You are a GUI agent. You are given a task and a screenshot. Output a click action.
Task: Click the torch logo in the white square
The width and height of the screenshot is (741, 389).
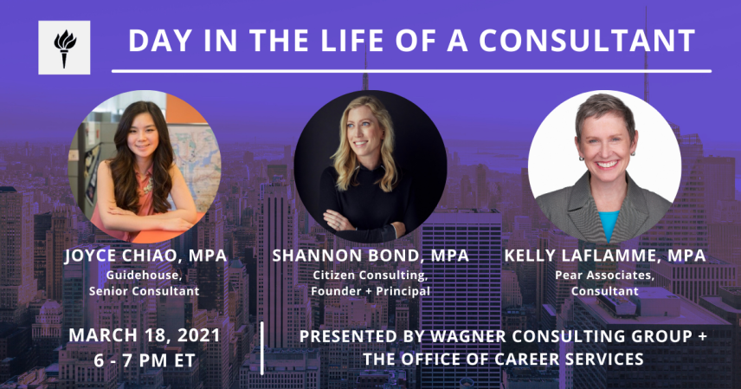click(64, 49)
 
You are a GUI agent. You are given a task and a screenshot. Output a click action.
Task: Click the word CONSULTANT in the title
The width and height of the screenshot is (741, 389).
click(587, 41)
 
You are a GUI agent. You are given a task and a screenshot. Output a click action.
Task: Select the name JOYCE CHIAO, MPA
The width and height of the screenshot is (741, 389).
click(145, 256)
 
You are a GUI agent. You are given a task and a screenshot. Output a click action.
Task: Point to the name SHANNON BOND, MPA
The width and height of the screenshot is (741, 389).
click(370, 256)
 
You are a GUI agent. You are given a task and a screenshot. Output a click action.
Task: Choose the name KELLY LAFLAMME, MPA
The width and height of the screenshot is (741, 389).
click(605, 256)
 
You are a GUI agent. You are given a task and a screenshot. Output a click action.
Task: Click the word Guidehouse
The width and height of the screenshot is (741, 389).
click(143, 275)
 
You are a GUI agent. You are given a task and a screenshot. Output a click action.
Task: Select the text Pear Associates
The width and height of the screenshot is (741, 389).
click(604, 275)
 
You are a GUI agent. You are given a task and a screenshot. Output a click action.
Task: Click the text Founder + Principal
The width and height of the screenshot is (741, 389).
click(370, 290)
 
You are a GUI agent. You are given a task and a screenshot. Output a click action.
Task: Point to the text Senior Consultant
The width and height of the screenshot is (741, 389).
click(145, 290)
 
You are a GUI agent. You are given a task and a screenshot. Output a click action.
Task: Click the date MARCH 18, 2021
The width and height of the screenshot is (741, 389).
click(145, 335)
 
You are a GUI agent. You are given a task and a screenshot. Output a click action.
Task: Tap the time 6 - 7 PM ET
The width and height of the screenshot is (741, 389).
click(145, 360)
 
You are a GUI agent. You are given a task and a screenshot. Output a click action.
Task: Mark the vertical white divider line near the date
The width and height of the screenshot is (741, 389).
click(262, 347)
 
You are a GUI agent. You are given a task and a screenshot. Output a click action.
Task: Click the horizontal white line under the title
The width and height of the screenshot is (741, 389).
click(411, 71)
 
